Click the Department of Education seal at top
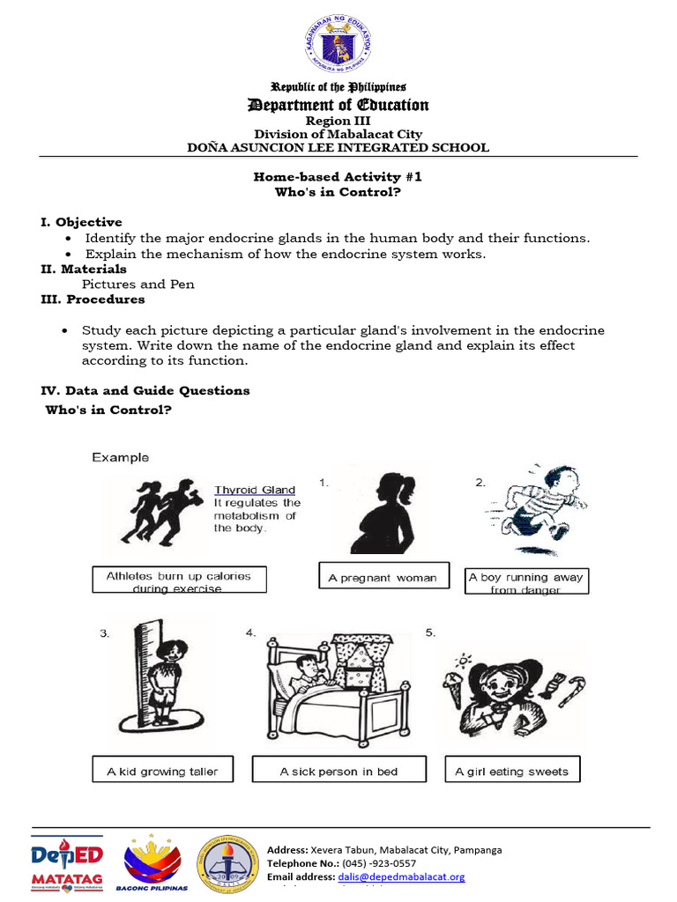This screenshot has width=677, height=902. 338,45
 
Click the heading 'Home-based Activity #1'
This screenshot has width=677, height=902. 338,176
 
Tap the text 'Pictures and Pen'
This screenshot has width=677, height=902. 138,285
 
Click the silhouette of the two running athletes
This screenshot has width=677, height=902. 162,511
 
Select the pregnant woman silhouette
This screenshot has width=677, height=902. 388,512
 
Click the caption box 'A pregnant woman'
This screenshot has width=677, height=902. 383,578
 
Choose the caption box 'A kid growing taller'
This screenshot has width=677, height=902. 162,772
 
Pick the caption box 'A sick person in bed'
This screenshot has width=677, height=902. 338,772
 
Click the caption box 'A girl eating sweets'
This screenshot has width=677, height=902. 511,772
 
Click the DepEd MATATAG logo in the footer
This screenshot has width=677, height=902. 67,863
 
